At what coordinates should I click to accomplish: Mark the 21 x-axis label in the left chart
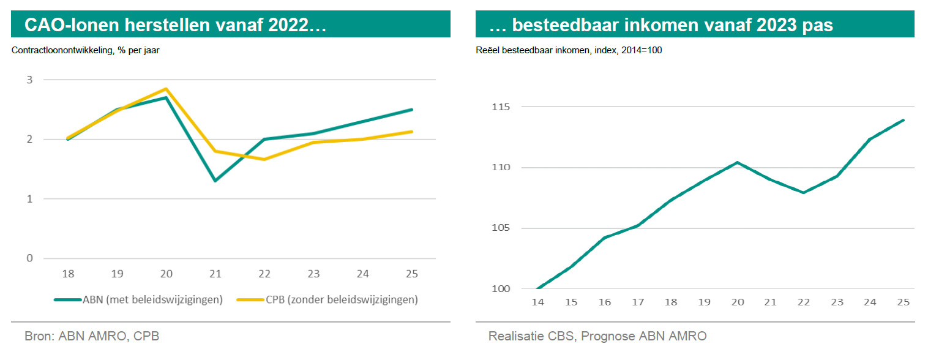(215, 274)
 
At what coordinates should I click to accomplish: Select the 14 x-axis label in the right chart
(537, 302)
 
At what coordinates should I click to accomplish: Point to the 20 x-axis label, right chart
(737, 302)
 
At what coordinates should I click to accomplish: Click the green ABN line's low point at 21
(215, 181)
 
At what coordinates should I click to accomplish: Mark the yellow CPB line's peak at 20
(166, 89)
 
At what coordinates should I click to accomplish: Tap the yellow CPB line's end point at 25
(412, 132)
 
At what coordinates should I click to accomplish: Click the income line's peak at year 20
(737, 162)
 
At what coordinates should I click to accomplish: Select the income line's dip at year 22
(803, 193)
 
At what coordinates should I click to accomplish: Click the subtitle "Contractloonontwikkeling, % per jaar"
(86, 51)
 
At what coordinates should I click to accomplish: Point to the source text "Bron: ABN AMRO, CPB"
(92, 336)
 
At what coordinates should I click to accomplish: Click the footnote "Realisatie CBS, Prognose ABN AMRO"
(597, 336)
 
